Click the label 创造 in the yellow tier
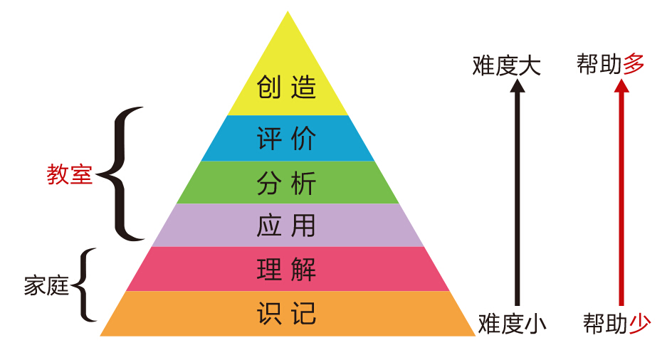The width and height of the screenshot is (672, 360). coord(286,87)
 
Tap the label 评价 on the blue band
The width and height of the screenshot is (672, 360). coord(286,138)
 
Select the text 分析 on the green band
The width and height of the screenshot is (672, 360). coord(286,183)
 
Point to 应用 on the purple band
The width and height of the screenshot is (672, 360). coord(286,226)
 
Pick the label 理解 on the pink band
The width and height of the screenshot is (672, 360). coord(286,269)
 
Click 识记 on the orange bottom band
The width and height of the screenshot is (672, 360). coord(286,313)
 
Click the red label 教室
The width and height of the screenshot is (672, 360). coord(70,174)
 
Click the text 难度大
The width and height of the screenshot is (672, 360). coord(507,65)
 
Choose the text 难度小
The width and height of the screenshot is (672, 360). coord(512,324)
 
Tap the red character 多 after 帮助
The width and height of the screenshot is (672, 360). coord(634,64)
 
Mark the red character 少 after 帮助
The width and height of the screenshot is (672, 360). coord(640,324)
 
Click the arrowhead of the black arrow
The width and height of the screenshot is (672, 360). coord(518,85)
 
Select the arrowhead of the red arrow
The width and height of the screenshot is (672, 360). coord(621,85)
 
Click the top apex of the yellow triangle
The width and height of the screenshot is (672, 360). coord(288,11)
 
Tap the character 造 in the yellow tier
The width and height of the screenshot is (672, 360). coord(303,87)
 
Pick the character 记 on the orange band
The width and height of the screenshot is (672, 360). coord(303,313)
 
